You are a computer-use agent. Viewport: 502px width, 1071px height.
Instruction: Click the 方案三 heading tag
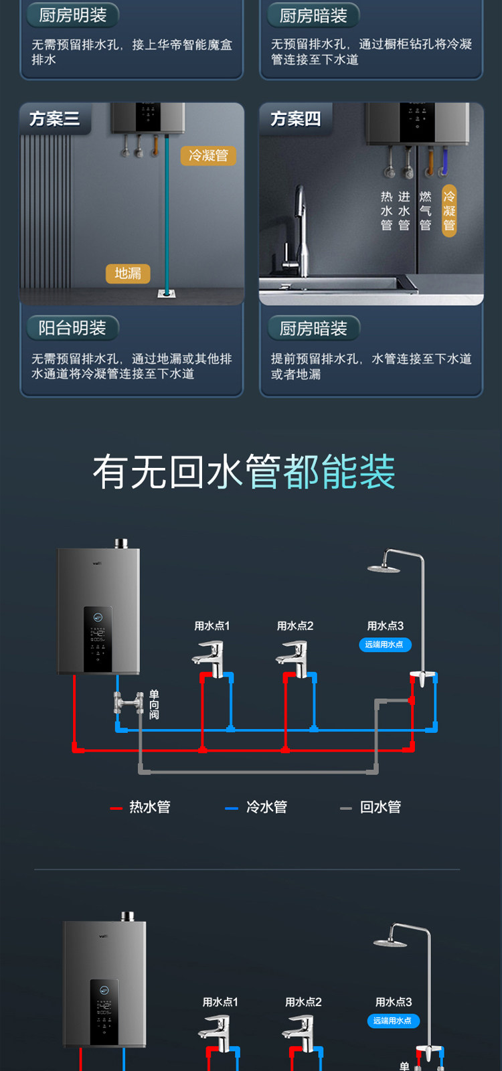tap(54, 119)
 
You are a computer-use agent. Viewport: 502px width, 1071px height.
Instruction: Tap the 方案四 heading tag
tap(295, 119)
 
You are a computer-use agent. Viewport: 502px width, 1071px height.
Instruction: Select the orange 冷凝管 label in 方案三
tap(208, 155)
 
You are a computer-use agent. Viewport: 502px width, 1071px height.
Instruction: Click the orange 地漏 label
tap(128, 273)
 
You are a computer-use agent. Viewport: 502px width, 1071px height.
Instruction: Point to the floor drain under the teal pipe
tap(167, 293)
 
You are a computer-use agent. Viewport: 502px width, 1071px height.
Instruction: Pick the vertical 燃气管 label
tap(425, 211)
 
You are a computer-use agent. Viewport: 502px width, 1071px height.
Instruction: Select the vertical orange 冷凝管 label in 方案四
tap(449, 211)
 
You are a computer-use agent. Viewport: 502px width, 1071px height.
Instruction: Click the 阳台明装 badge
tap(72, 328)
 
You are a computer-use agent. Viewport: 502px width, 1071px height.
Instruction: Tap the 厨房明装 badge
tap(72, 15)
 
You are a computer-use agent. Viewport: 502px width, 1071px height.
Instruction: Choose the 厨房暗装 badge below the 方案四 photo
tap(313, 329)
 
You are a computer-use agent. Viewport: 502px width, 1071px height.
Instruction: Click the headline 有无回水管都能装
tap(244, 472)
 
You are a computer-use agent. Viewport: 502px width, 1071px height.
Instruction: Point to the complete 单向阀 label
tap(154, 705)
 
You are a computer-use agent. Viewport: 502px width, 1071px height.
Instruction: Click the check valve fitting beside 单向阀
tap(129, 703)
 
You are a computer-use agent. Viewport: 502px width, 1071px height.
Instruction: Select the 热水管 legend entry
tap(141, 807)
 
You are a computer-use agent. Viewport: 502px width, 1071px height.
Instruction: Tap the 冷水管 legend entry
tap(258, 807)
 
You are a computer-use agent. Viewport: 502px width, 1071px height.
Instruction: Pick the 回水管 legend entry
tap(372, 807)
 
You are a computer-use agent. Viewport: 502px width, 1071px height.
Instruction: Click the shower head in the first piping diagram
tap(384, 568)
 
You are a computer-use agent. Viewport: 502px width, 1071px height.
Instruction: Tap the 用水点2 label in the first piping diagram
tap(295, 626)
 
